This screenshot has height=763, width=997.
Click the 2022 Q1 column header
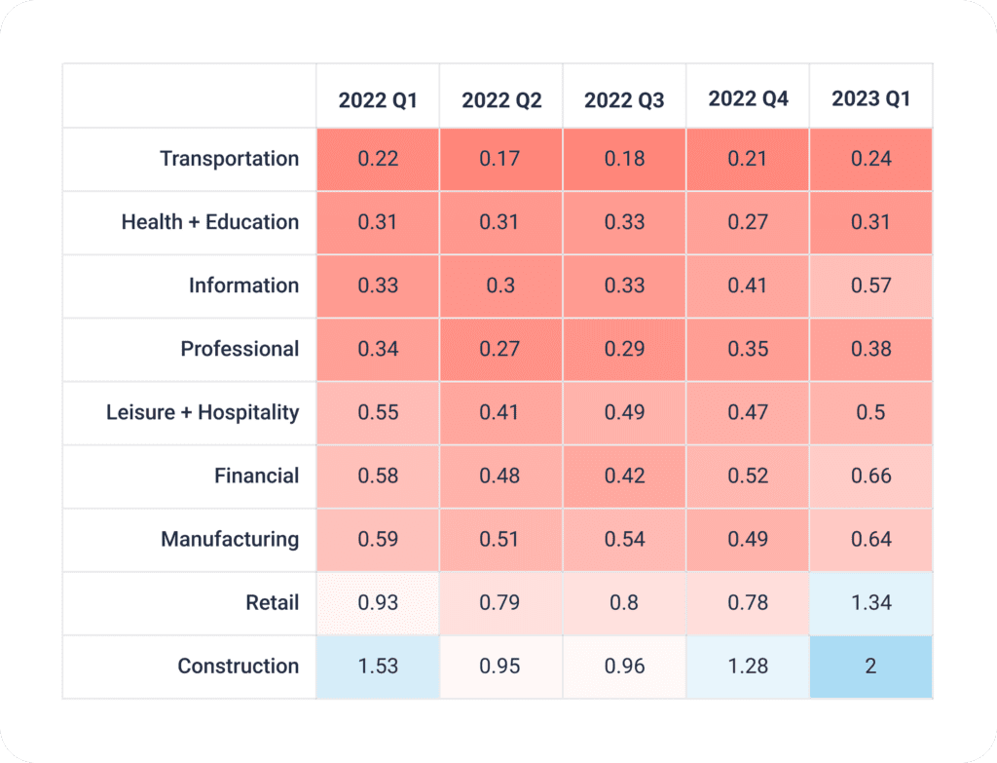coord(378,100)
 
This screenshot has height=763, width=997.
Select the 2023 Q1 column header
coord(870,99)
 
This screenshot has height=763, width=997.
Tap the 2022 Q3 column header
coord(624,100)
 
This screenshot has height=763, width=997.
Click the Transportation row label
coord(230,159)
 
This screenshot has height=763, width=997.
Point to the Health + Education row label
coord(210,222)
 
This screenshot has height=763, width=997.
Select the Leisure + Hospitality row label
coord(203,412)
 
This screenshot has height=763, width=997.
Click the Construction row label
coord(239,667)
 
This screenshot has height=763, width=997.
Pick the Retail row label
coord(273,603)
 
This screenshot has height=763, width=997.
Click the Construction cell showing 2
coord(870,667)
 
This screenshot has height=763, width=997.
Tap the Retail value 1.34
coord(870,603)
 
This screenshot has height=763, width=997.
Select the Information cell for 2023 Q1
coord(870,286)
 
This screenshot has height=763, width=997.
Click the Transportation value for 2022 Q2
coord(500,159)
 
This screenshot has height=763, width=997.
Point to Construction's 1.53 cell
coord(378,667)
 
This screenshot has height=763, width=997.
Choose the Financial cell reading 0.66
coord(870,476)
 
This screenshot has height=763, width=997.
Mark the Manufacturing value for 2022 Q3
coord(624,539)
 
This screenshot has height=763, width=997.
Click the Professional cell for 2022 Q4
coord(748,349)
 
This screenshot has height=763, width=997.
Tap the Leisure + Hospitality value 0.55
coord(378,412)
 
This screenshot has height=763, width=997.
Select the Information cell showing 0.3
coord(500,286)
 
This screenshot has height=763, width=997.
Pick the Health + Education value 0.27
coord(748,222)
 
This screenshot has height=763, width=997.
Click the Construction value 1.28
coord(748,667)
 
